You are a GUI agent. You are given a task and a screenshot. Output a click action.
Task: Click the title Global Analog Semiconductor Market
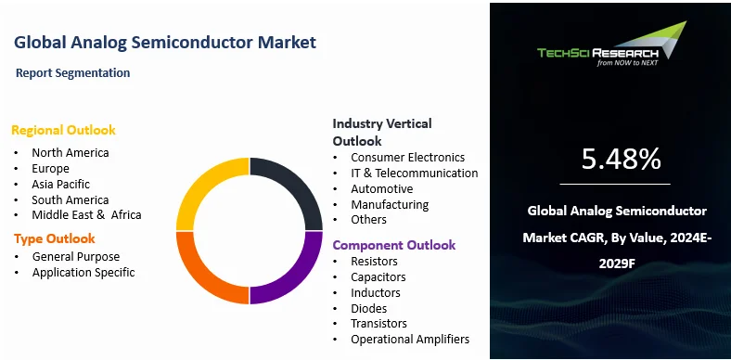165,42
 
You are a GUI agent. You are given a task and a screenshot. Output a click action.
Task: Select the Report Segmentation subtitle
73,72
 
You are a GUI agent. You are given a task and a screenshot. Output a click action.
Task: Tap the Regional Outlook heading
64,130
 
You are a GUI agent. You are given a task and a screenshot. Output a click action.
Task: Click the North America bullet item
70,152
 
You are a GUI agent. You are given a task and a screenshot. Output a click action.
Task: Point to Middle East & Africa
86,215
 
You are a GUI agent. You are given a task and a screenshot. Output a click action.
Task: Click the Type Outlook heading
55,238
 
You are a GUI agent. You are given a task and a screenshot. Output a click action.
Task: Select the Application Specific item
83,272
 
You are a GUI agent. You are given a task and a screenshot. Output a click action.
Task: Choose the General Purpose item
76,256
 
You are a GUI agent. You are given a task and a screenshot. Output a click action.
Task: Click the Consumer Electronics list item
407,157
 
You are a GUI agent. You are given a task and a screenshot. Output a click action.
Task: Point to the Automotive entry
381,188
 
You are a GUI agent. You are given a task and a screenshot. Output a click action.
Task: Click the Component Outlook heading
394,245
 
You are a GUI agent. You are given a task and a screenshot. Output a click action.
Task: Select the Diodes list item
369,308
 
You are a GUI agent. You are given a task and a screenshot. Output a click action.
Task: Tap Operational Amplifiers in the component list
410,340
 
